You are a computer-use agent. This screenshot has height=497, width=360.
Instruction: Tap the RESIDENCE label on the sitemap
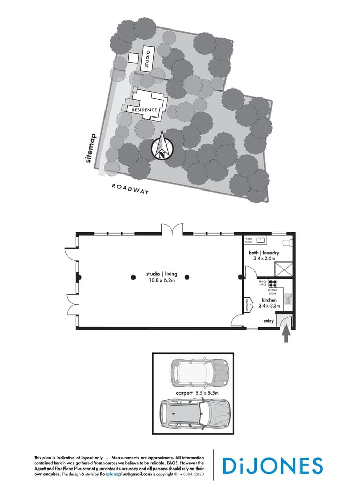tap(144, 110)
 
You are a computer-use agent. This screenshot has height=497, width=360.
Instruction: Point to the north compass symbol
tap(162, 148)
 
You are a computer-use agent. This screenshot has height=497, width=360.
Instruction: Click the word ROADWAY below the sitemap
tap(130, 188)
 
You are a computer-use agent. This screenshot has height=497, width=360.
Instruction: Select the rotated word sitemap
tap(92, 149)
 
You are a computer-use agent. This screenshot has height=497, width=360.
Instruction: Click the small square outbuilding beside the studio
tap(132, 58)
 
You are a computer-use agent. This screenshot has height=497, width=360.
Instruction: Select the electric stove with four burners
tap(273, 283)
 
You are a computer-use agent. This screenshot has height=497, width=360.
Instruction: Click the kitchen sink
tap(290, 299)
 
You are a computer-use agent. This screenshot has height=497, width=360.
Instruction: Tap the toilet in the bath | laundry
tap(288, 243)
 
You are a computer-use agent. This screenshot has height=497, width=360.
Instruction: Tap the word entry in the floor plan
tap(268, 321)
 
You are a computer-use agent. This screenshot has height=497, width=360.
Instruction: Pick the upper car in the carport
tap(199, 373)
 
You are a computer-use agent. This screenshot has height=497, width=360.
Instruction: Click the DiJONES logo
tap(273, 465)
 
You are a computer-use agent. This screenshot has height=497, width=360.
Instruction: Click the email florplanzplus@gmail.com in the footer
tap(126, 474)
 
